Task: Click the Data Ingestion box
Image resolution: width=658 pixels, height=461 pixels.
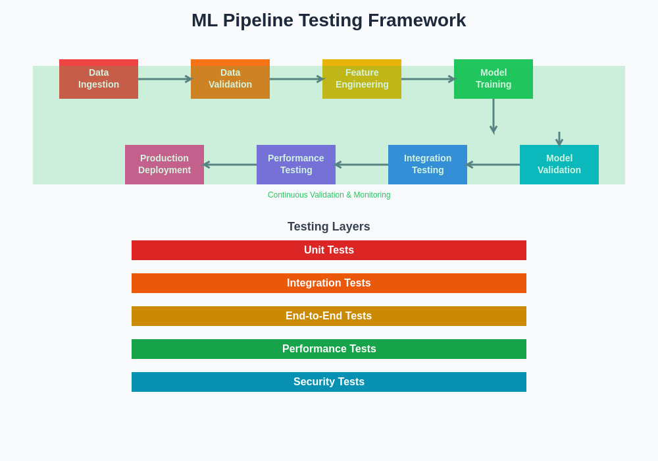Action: [99, 79]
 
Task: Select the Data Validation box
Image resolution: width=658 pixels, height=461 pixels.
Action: [230, 79]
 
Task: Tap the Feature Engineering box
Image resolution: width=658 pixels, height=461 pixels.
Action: [362, 79]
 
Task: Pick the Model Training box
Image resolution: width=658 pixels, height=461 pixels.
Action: [493, 79]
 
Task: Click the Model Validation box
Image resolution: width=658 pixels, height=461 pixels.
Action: [559, 165]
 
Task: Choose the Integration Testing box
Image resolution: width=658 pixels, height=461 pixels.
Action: [428, 165]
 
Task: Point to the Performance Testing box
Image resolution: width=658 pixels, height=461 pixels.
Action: [296, 165]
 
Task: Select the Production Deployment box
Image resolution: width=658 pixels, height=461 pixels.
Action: [164, 165]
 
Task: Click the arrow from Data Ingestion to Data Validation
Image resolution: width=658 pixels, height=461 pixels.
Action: [164, 79]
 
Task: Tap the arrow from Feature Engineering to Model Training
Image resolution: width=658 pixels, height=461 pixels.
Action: [428, 79]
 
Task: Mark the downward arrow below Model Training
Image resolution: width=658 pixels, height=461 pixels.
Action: [493, 116]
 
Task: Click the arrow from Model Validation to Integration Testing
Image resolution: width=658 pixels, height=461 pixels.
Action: [493, 165]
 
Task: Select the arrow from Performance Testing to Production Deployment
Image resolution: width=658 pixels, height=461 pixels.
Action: [230, 165]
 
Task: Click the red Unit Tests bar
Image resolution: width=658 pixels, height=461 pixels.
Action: [329, 250]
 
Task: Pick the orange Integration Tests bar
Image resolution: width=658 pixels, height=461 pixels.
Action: [329, 283]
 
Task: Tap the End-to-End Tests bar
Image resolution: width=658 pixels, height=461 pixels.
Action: [329, 316]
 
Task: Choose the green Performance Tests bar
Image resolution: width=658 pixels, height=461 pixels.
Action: [329, 349]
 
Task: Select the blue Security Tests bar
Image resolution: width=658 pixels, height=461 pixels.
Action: [329, 382]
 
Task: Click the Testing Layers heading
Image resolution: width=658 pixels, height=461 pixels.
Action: [329, 227]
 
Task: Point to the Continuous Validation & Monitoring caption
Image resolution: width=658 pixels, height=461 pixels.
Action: [329, 195]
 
